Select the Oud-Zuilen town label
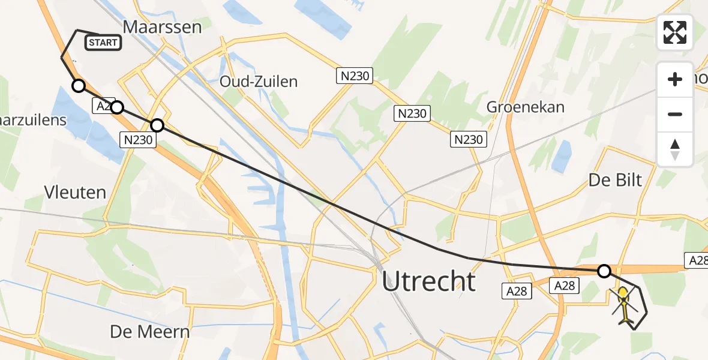(259, 82)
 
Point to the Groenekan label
(526, 107)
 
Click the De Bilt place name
(616, 179)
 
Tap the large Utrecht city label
(428, 281)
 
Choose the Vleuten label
(75, 192)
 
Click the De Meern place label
(150, 331)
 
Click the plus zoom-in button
(675, 79)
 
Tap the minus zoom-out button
(675, 114)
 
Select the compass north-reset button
(675, 149)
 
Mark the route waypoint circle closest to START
(79, 86)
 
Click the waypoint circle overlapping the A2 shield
(117, 107)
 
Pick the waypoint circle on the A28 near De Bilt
(604, 271)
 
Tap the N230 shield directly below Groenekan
(467, 139)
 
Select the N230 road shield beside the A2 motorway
(139, 140)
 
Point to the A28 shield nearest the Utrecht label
(515, 291)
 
